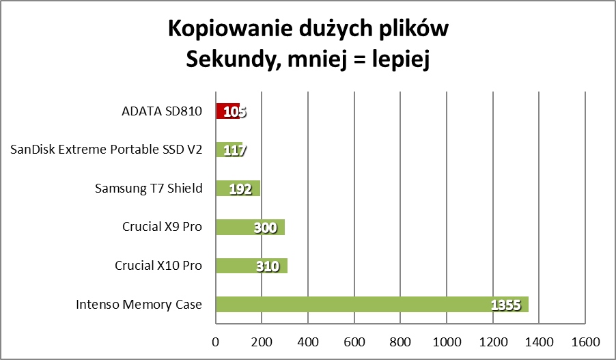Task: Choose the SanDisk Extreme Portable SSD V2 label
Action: coord(107,150)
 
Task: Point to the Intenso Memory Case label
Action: coord(139,304)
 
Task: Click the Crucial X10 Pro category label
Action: coord(158,265)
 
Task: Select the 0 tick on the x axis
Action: coord(216,342)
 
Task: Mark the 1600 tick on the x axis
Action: coord(584,342)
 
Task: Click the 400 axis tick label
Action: coord(307,342)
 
